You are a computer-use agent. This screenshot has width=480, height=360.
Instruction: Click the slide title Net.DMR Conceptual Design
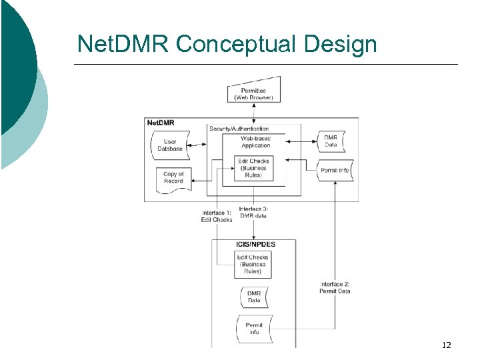[x=227, y=44]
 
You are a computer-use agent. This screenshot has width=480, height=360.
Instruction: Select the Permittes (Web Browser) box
[x=253, y=93]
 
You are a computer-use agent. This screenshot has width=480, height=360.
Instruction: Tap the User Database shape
[x=170, y=145]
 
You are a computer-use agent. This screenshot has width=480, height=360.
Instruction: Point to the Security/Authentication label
[x=239, y=128]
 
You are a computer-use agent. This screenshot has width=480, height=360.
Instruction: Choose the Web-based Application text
[x=255, y=142]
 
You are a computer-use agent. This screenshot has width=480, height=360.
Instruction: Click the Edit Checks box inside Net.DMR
[x=254, y=168]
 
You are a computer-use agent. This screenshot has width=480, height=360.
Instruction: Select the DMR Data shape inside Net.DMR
[x=331, y=141]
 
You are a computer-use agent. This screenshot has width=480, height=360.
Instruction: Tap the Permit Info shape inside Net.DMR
[x=335, y=170]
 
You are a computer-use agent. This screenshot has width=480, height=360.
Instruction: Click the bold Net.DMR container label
[x=161, y=123]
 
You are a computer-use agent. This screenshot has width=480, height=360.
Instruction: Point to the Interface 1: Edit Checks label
[x=217, y=216]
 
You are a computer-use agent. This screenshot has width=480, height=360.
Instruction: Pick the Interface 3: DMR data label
[x=253, y=212]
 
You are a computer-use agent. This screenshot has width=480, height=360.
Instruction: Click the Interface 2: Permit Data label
[x=335, y=287]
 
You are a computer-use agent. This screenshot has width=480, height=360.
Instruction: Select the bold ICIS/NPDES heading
[x=255, y=244]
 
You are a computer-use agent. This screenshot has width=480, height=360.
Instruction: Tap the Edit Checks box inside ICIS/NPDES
[x=253, y=265]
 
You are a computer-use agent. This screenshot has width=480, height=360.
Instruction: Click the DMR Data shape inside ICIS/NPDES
[x=254, y=297]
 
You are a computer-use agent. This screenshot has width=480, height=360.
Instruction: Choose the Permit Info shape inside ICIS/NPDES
[x=254, y=328]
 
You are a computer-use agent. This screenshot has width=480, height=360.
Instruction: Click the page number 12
[x=446, y=345]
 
